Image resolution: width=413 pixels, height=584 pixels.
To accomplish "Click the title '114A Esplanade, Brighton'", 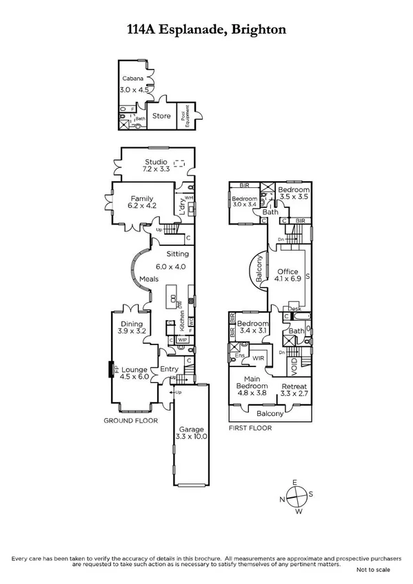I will [206, 30].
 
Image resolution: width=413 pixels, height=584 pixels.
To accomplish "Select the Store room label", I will [161, 116].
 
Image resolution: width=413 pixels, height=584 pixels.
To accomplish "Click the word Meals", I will [150, 279].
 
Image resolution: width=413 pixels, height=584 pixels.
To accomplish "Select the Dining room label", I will [132, 323].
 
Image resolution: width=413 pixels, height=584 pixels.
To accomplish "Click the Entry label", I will [169, 370].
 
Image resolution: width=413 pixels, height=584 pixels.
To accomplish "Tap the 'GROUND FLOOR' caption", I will [130, 420].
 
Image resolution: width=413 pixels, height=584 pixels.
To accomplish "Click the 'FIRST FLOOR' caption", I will [250, 428].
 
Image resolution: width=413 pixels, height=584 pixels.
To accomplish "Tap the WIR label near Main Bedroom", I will [259, 358].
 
